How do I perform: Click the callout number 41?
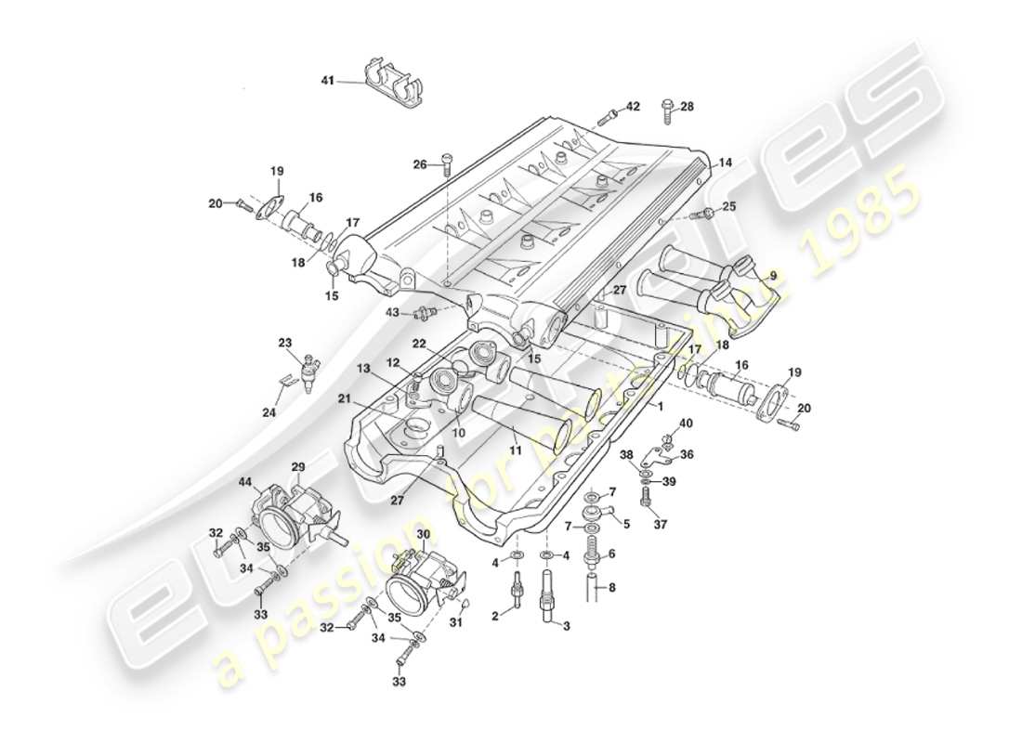click(327, 82)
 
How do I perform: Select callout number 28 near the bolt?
click(687, 107)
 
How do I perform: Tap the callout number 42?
click(632, 107)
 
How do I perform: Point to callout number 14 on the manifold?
click(725, 162)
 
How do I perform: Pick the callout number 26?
click(420, 165)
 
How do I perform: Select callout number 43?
click(392, 312)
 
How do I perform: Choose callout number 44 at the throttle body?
click(245, 483)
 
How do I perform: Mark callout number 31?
click(457, 622)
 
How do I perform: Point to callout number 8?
click(610, 587)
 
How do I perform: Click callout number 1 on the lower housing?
click(661, 407)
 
